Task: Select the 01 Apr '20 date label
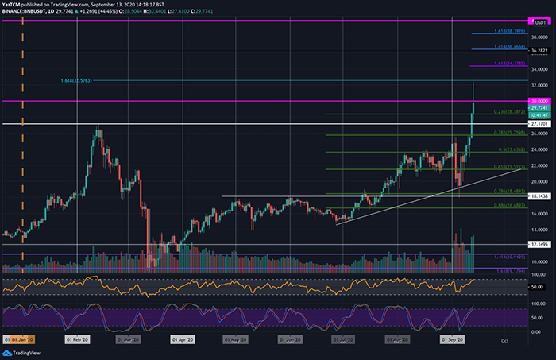[x=182, y=339]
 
